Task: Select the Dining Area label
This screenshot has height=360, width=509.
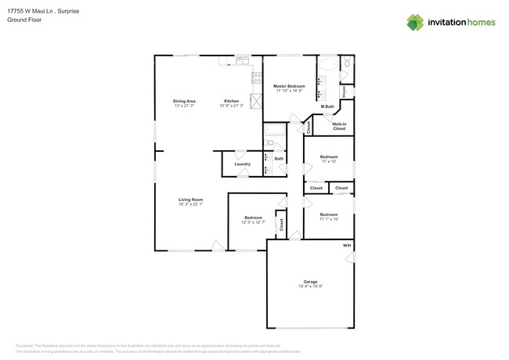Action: click(x=184, y=101)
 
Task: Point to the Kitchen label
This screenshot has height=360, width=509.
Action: click(x=231, y=101)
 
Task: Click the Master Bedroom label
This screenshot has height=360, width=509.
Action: click(x=289, y=85)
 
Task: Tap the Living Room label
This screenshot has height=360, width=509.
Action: click(x=190, y=199)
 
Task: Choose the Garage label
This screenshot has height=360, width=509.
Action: click(x=310, y=281)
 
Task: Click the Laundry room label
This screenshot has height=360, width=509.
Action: click(x=242, y=164)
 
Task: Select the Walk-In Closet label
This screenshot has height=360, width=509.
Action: click(x=339, y=126)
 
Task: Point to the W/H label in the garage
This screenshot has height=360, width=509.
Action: click(x=347, y=247)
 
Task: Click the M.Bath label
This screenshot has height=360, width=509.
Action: click(x=327, y=106)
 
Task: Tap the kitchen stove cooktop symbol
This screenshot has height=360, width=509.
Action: click(x=256, y=78)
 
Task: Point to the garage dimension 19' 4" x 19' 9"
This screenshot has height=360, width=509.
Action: click(x=310, y=286)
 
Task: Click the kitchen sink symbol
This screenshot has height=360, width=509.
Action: click(x=244, y=59)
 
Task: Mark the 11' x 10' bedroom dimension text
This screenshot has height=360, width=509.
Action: click(x=328, y=162)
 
